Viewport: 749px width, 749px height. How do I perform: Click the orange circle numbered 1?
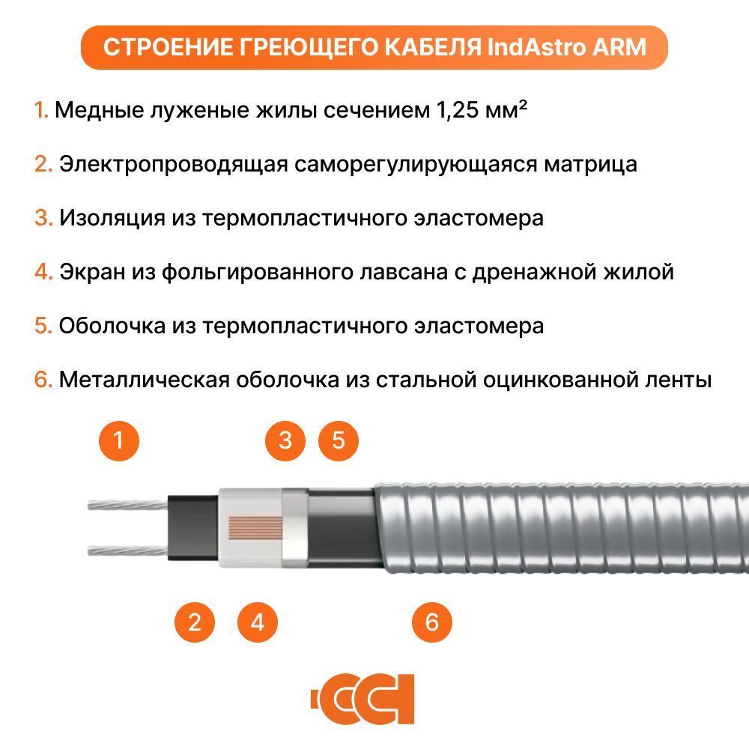[x=119, y=440]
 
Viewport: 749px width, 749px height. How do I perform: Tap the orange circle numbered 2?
[x=195, y=622]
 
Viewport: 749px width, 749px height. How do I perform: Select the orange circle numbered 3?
[x=285, y=440]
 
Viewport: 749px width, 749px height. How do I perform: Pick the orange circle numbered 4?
[x=258, y=622]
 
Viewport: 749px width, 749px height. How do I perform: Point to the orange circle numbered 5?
[x=339, y=440]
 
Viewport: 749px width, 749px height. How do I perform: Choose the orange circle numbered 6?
[x=432, y=622]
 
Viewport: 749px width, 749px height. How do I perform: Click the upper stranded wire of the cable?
[x=127, y=504]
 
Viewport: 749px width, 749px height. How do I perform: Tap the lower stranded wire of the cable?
[x=127, y=551]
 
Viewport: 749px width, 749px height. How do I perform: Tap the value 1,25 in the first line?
[x=457, y=110]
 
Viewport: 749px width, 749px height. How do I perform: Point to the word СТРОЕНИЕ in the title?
[x=168, y=47]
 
